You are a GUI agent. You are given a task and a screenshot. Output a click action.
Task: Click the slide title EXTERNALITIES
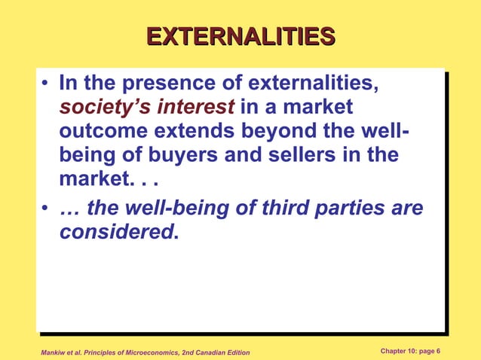point(240,37)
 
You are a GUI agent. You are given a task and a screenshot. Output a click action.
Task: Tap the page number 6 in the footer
point(438,351)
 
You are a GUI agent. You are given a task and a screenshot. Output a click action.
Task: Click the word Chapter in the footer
point(396,351)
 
